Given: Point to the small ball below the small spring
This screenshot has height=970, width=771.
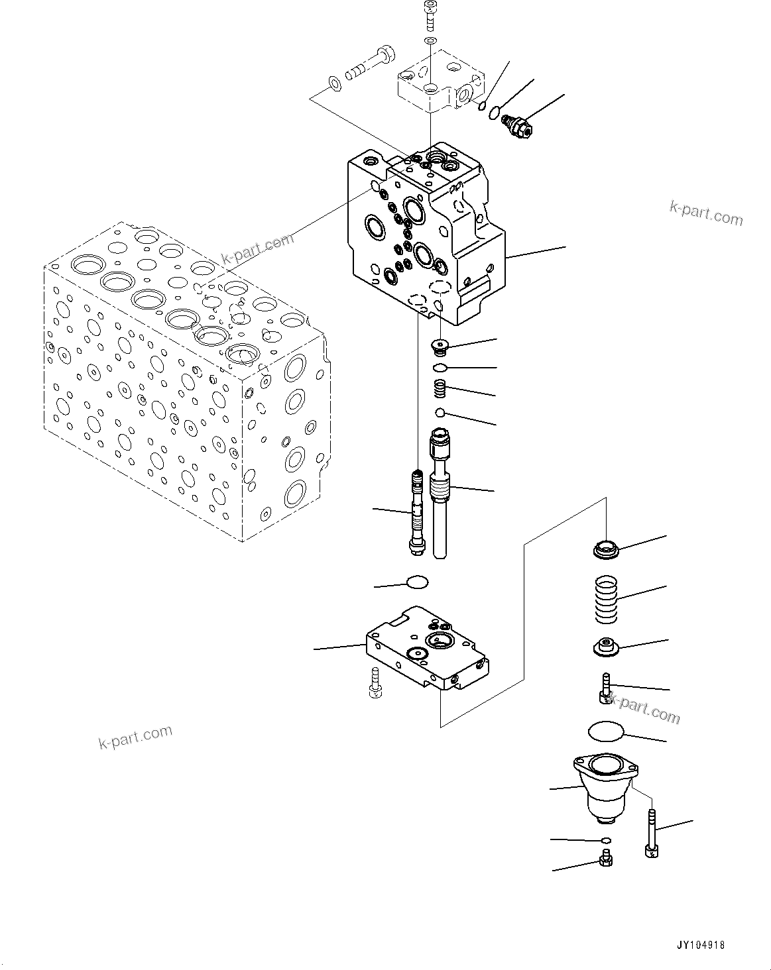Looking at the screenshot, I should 439,413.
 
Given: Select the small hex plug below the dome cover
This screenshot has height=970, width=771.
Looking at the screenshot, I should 605,860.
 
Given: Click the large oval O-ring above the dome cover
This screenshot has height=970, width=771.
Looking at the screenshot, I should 606,732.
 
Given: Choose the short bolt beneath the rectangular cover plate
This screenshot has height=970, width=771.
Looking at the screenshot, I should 373,684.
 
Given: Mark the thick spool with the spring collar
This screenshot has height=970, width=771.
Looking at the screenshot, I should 440,490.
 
